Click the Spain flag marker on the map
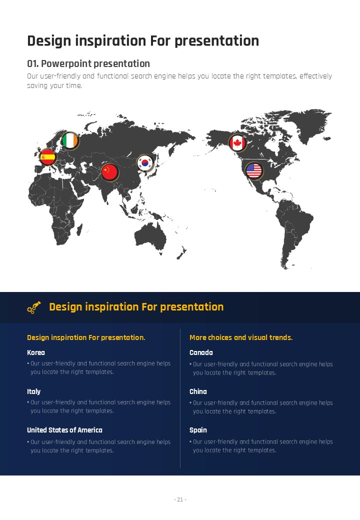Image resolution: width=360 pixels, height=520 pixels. point(47,157)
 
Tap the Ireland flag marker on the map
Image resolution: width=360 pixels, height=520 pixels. point(70,140)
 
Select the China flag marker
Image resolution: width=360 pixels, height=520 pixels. point(109,172)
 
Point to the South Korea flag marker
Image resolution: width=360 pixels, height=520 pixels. point(145,163)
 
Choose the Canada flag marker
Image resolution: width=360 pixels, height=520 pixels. point(237,143)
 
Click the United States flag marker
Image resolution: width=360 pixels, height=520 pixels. point(254,171)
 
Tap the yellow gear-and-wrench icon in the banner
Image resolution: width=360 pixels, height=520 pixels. point(34,307)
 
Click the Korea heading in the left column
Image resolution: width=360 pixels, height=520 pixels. point(36,352)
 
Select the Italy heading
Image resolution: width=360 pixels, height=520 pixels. point(34,391)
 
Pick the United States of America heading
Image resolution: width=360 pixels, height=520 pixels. point(64,430)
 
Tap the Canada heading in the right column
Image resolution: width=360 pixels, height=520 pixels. point(201,352)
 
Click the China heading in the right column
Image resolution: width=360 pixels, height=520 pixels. point(198,391)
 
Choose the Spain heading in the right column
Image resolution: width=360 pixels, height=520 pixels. point(198,430)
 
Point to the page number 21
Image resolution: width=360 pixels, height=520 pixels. point(180,499)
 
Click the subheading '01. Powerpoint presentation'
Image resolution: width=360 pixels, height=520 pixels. point(88,63)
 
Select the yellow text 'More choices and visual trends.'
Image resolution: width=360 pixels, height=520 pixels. point(241,337)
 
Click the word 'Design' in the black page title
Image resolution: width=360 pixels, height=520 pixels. point(49,41)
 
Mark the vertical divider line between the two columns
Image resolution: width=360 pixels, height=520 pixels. point(180,398)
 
